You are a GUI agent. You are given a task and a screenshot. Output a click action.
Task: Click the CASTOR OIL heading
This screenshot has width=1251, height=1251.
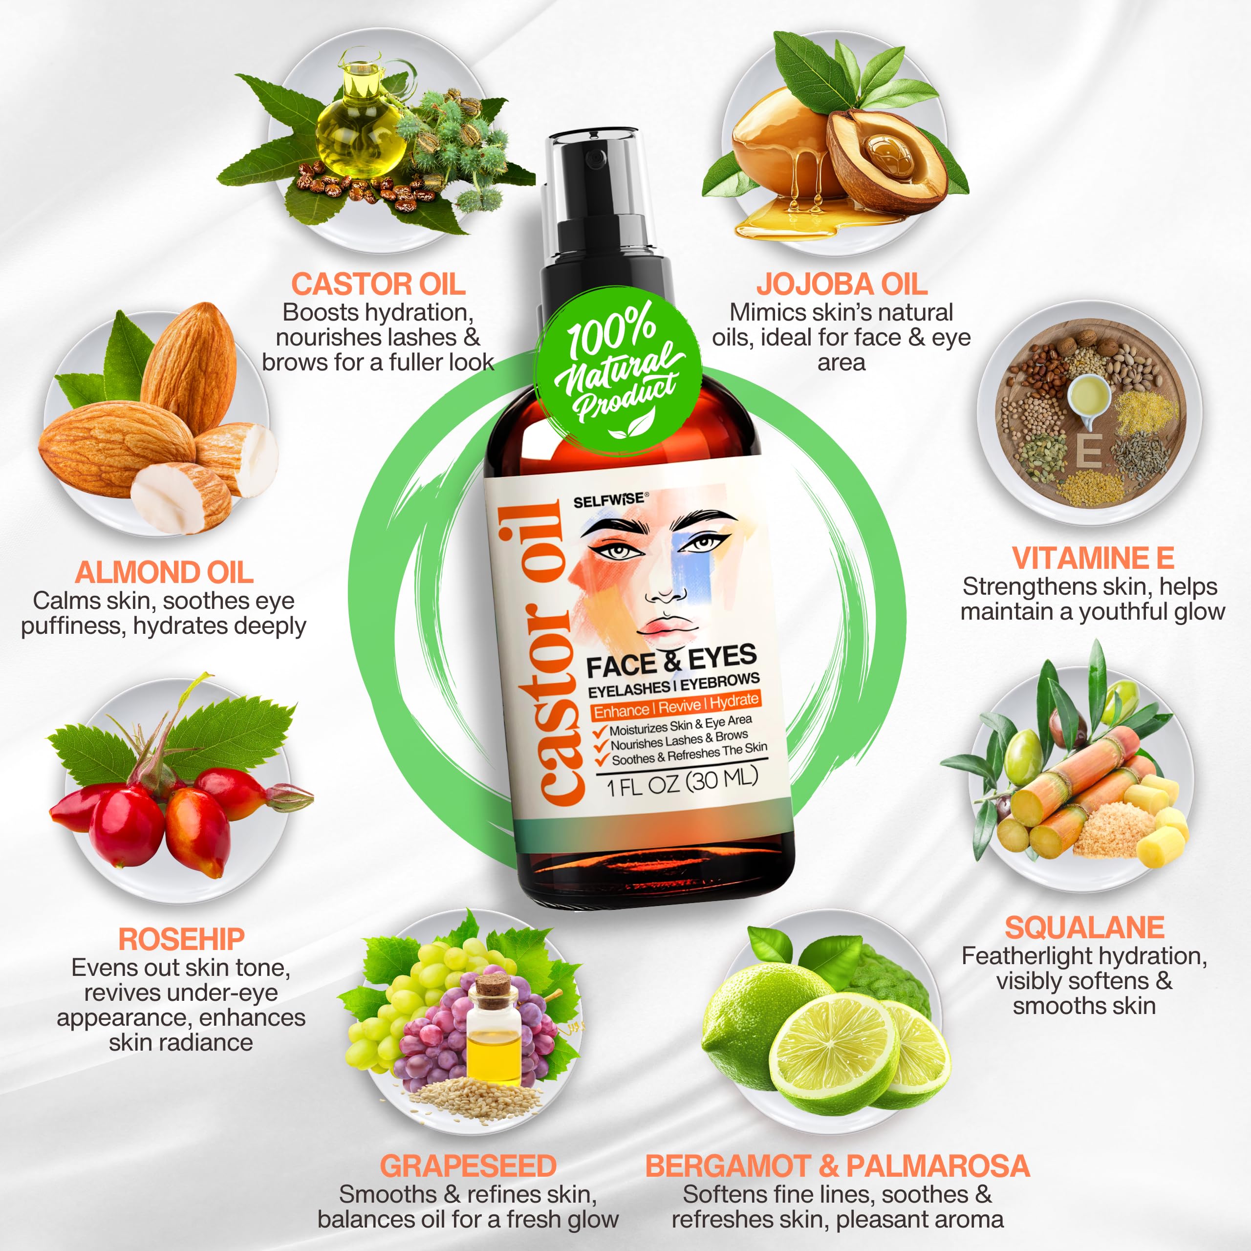point(378,284)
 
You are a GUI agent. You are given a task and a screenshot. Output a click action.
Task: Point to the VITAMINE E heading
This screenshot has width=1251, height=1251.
point(1093,558)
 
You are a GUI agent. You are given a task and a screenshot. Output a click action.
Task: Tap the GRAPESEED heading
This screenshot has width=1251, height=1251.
point(468,1166)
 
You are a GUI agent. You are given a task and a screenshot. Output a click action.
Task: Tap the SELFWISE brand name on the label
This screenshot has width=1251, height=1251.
point(609,500)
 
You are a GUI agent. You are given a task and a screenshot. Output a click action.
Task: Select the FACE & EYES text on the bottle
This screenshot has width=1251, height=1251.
point(671,661)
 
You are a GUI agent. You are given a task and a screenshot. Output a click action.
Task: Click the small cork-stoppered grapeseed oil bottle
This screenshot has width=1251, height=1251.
point(494,1030)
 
